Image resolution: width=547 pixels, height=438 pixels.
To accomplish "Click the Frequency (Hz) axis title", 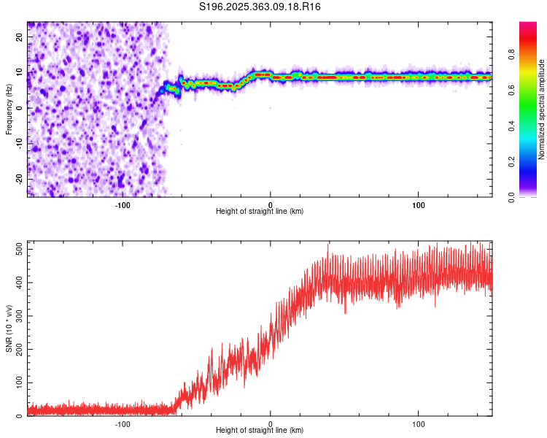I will pyautogui.click(x=9, y=109).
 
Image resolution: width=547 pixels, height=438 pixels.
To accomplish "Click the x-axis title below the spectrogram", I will pyautogui.click(x=260, y=211).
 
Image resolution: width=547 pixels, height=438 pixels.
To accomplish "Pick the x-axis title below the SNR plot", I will pyautogui.click(x=260, y=431).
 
